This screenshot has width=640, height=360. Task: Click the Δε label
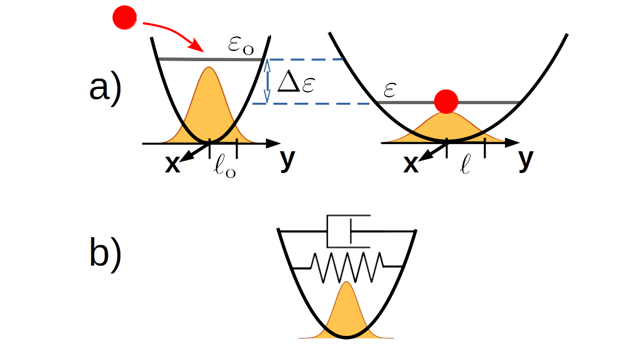[296, 83]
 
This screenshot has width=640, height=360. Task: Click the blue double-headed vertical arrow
[267, 81]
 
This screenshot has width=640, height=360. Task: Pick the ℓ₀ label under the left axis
[225, 166]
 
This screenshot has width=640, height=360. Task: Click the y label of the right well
[526, 159]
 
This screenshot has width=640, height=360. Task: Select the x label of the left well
[172, 164]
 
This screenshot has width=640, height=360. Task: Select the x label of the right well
[411, 164]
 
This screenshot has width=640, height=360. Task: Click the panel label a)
[105, 88]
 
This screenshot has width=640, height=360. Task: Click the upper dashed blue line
[305, 59]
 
